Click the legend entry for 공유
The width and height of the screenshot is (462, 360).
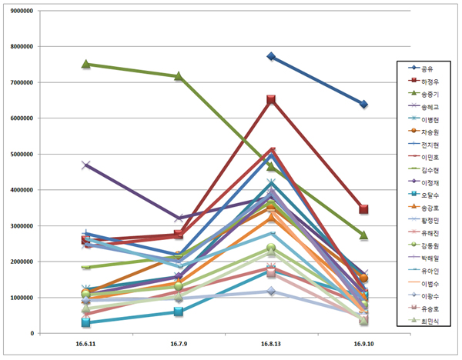[x=424, y=68]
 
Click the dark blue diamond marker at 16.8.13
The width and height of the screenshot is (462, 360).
[x=271, y=57]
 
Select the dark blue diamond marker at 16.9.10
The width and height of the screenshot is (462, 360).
[x=363, y=104]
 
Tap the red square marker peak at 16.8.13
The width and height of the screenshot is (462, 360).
[x=271, y=100]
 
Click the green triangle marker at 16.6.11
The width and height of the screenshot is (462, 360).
[x=86, y=65]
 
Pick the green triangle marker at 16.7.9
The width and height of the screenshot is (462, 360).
[x=179, y=77]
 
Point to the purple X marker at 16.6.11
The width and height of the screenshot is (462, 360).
[x=86, y=165]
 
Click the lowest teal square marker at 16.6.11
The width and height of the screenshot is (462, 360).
[x=86, y=322]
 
